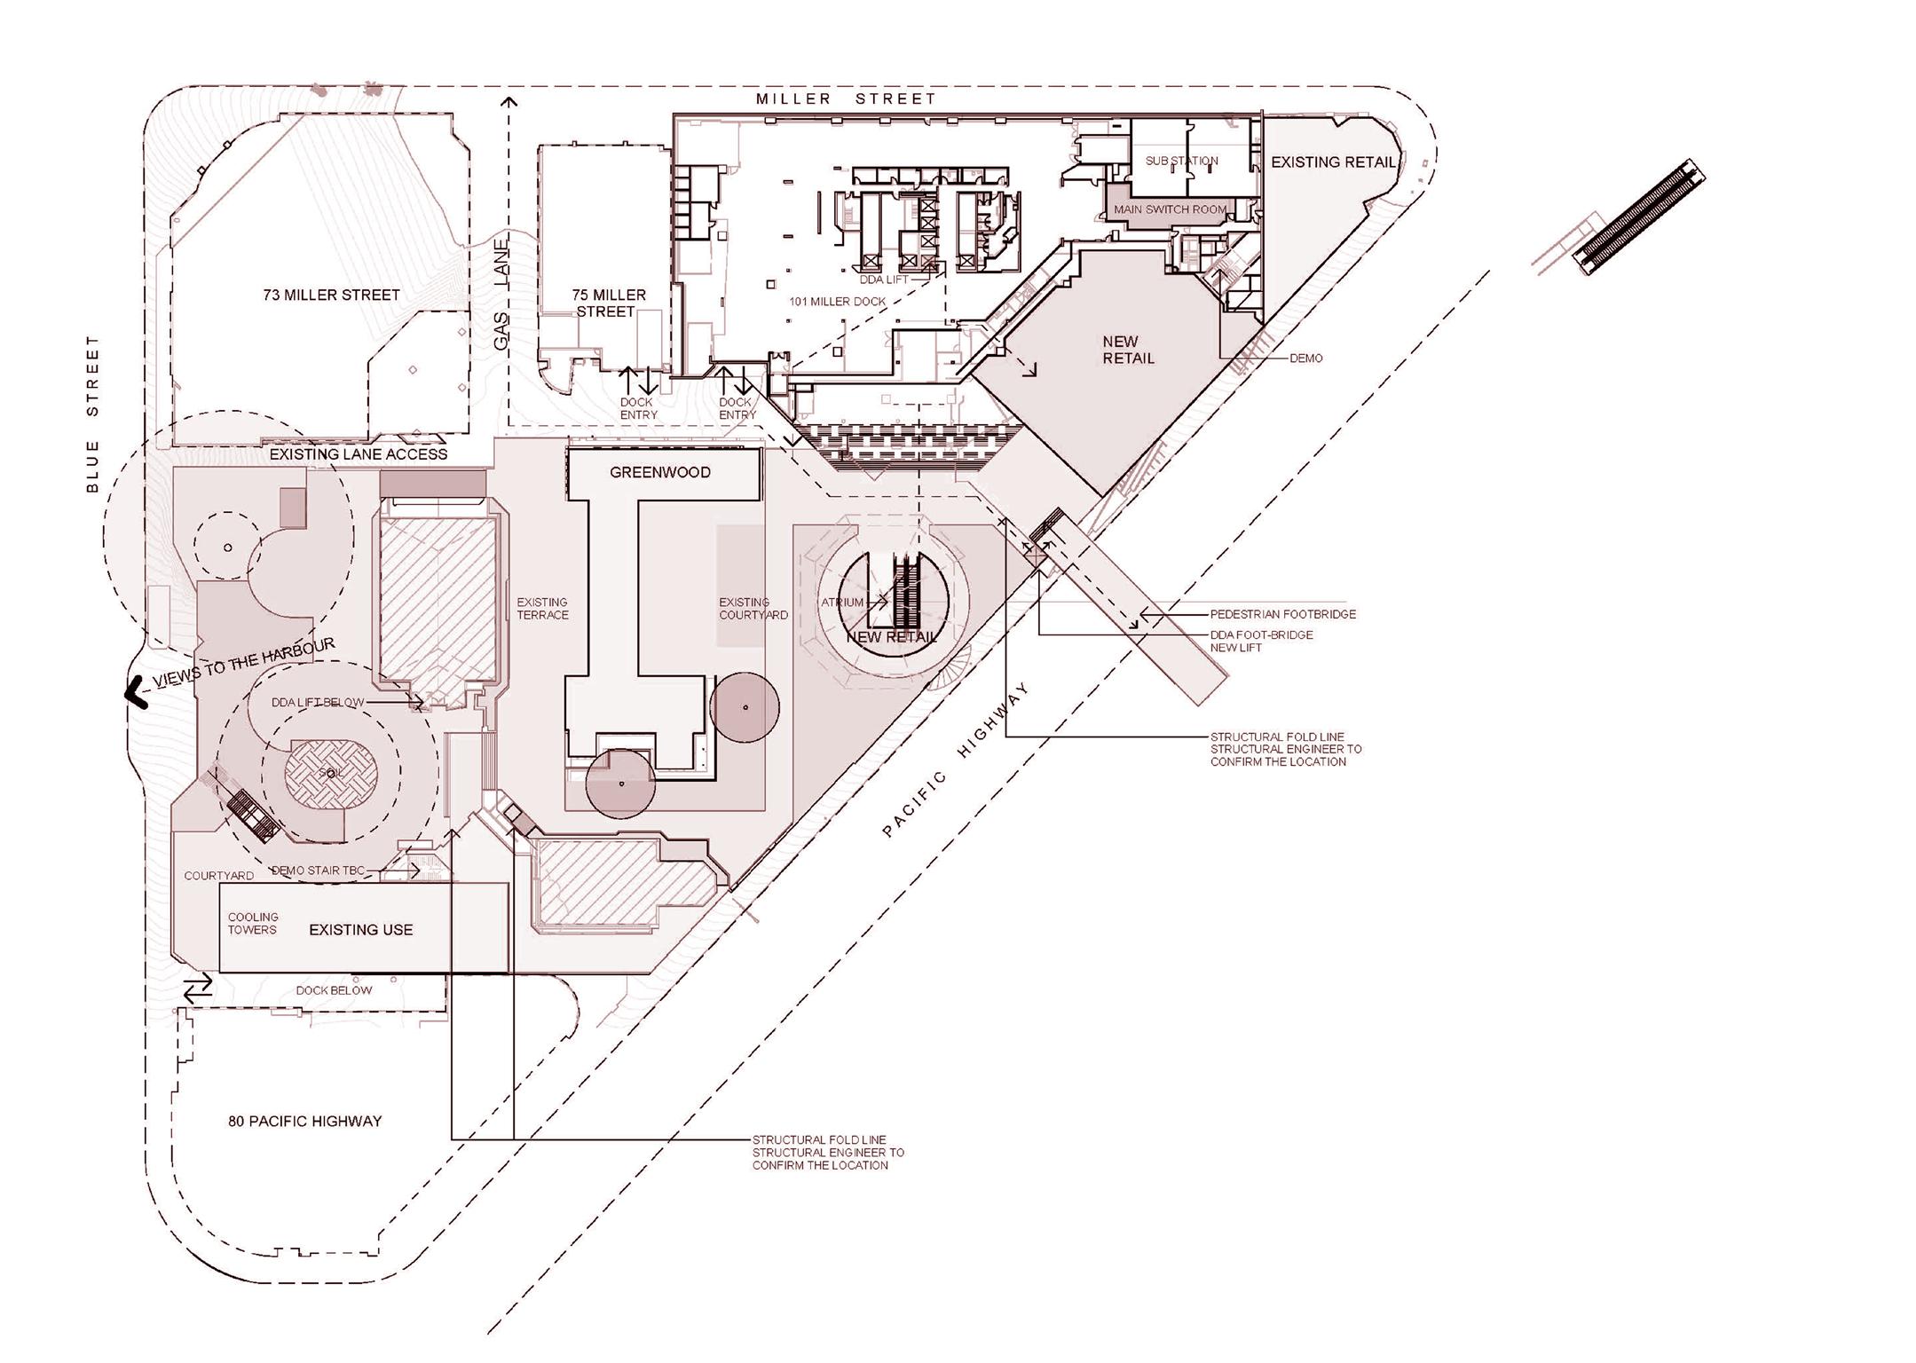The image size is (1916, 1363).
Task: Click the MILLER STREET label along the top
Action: [846, 98]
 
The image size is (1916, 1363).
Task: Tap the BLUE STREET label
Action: [92, 414]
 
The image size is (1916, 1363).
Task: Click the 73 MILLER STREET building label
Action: [331, 295]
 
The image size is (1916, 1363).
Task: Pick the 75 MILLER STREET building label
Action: [608, 303]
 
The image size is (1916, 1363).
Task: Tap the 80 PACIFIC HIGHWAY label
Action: [304, 1121]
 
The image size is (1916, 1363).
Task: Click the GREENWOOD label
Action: [659, 472]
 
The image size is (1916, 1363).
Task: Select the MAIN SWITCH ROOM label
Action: [1170, 210]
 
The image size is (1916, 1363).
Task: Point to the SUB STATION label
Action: [1181, 161]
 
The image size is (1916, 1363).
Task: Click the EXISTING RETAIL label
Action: [1332, 162]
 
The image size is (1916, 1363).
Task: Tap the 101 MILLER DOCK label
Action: [837, 302]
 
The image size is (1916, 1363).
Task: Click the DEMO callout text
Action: [1305, 358]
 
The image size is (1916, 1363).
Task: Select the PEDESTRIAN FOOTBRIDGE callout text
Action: [1282, 614]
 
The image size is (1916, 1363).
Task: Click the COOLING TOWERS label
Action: [253, 924]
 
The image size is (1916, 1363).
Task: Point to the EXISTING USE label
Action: [360, 930]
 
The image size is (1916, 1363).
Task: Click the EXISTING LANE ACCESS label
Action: [358, 454]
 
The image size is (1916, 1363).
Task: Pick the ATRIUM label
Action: [841, 603]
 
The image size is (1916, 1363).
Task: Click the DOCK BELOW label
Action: [334, 990]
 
